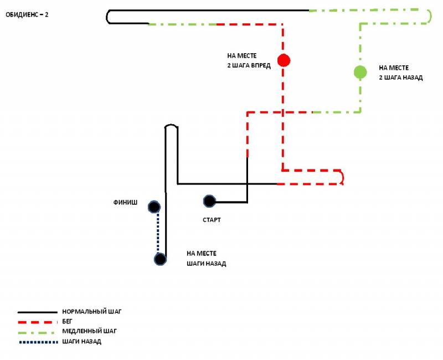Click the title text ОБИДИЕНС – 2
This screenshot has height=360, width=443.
click(27, 15)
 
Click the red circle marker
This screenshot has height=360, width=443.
click(284, 60)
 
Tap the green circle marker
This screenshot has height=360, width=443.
click(360, 72)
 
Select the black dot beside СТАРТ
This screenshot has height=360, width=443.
click(209, 201)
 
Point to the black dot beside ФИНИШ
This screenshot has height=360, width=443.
click(154, 207)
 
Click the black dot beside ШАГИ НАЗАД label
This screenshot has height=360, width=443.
click(160, 259)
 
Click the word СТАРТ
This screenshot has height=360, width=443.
click(212, 220)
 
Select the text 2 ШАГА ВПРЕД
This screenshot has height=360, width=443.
click(249, 65)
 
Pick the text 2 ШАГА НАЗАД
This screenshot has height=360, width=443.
click(401, 78)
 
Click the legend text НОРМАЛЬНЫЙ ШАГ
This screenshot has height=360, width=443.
click(92, 312)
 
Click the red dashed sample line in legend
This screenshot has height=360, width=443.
click(38, 322)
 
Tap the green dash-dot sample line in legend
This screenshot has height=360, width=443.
click(38, 332)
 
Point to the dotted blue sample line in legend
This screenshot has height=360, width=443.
click(38, 342)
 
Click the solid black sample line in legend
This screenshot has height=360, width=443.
click(38, 312)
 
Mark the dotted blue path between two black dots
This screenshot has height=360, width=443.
click(158, 233)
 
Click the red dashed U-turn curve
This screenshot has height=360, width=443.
click(343, 177)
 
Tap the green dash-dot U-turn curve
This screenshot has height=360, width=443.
click(429, 17)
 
